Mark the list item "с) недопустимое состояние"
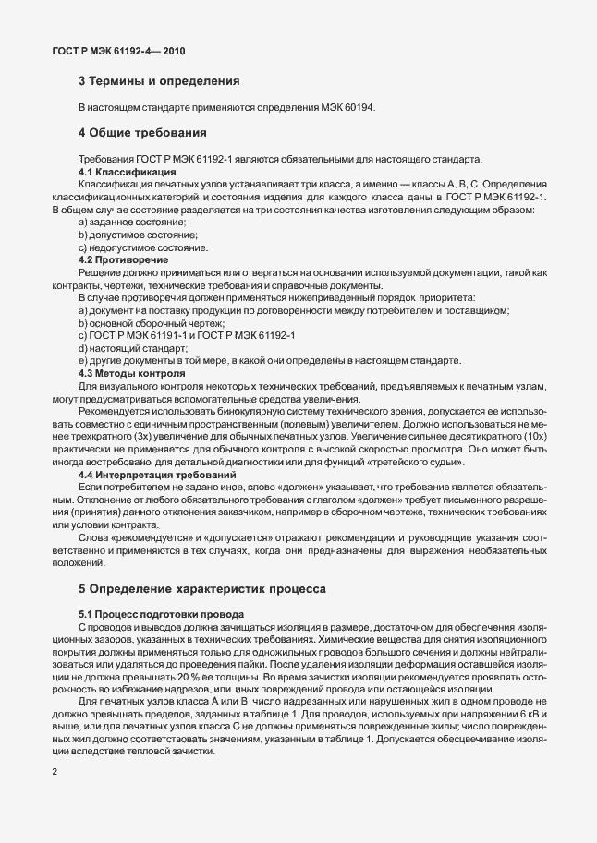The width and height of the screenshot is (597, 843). coord(142,247)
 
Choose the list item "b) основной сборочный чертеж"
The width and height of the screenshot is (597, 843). coord(152,323)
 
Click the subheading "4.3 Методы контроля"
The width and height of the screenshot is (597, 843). coord(131,372)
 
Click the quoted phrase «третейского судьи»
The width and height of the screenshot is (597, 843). coord(426,461)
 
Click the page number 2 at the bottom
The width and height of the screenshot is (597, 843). coord(54,772)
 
